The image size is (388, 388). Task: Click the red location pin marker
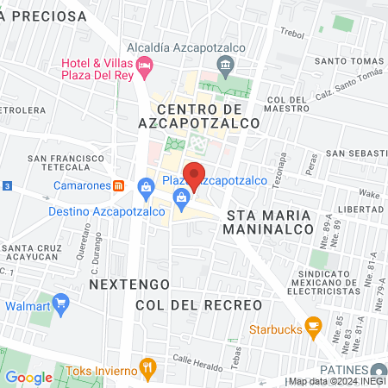(194, 175)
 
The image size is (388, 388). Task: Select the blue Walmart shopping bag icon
(60, 303)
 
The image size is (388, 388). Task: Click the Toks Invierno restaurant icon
(148, 368)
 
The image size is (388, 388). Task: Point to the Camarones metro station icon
(119, 185)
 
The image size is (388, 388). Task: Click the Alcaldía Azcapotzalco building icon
(225, 64)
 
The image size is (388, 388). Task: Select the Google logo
(28, 377)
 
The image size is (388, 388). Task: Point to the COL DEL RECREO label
(198, 305)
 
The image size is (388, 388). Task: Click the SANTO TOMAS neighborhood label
(347, 60)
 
